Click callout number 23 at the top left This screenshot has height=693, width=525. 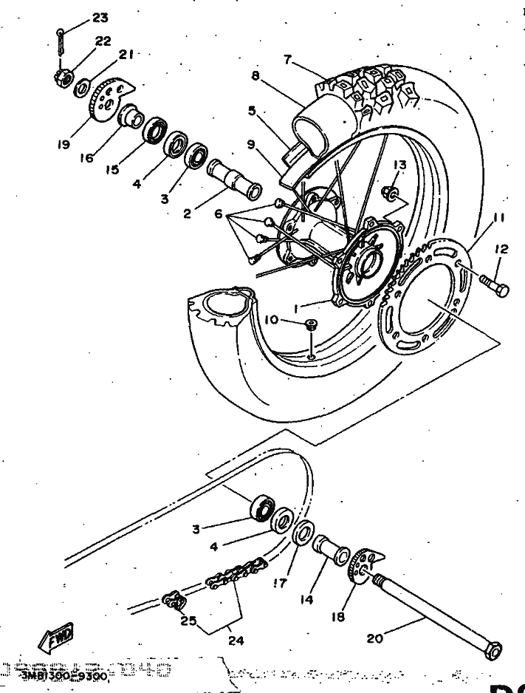(x=100, y=17)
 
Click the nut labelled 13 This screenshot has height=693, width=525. (x=391, y=194)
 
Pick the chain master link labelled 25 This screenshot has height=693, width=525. (x=173, y=601)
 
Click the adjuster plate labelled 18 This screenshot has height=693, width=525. (x=362, y=566)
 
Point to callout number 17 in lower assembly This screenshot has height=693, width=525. (x=278, y=582)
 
